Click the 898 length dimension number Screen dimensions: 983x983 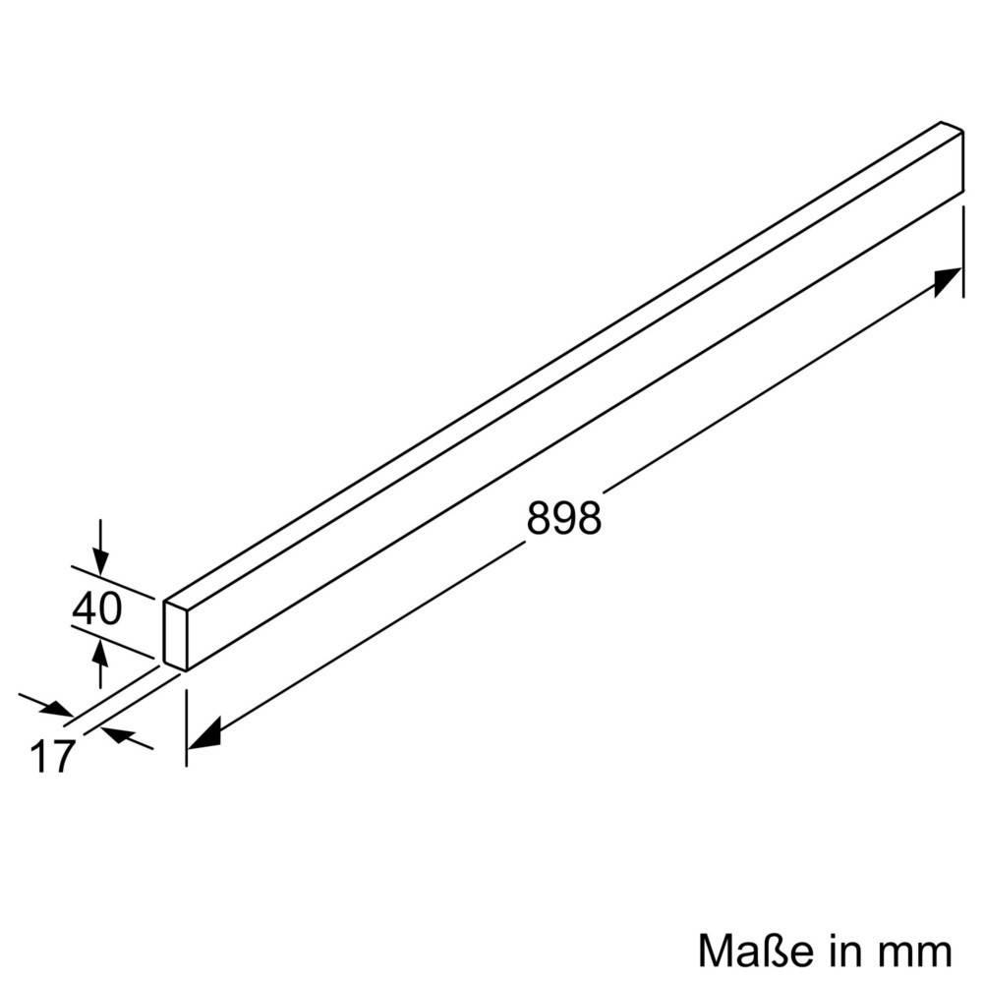(x=563, y=517)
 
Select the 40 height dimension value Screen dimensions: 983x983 (x=97, y=610)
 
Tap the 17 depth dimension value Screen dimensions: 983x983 (x=53, y=757)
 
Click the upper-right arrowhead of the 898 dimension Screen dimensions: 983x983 (x=948, y=281)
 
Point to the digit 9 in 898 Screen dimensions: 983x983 (x=563, y=517)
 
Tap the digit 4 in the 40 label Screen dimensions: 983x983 (x=85, y=610)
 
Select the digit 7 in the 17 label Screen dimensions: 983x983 (x=64, y=757)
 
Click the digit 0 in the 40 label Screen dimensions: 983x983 (x=110, y=610)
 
